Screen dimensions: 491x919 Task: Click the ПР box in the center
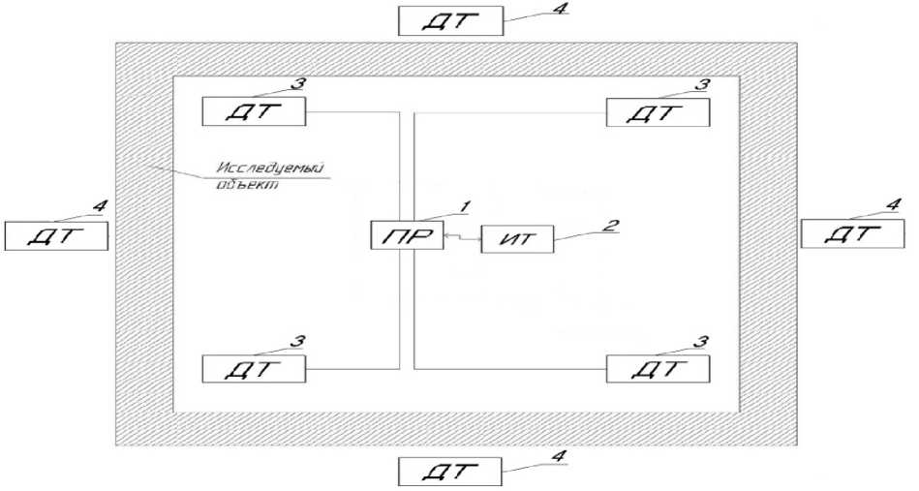point(406,236)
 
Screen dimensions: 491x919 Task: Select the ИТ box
point(520,237)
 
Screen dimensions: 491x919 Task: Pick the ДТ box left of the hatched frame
point(55,235)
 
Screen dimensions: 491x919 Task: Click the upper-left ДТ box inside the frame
point(255,111)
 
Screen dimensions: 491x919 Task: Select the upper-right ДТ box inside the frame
point(658,112)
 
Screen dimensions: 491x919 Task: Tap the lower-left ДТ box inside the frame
point(255,368)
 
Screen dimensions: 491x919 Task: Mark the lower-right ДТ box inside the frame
point(658,368)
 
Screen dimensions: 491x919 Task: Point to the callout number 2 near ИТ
point(606,226)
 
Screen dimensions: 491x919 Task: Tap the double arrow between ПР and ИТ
point(462,237)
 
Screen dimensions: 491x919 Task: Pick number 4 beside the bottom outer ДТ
point(556,455)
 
